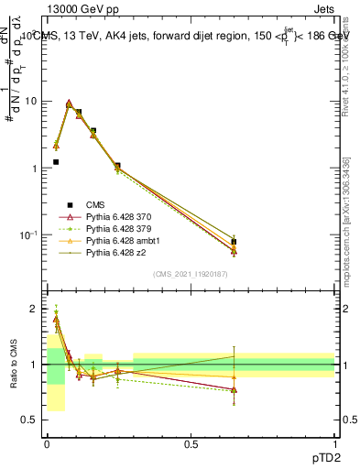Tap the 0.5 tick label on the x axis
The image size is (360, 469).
191,443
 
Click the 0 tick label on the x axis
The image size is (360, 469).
47,443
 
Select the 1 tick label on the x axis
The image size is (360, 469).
335,443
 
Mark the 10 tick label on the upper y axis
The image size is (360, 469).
32,101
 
